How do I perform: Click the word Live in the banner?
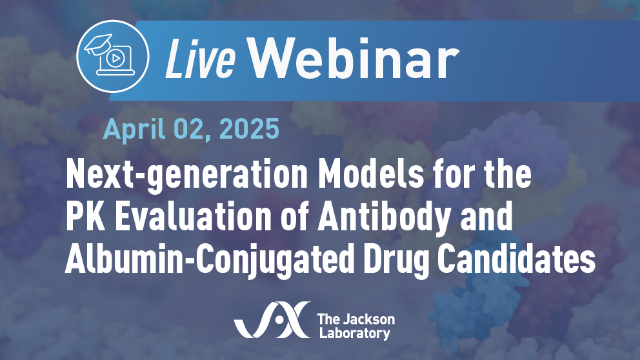(200, 58)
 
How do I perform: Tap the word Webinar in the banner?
(354, 58)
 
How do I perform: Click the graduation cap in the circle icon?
(98, 45)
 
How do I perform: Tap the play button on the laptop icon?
(115, 59)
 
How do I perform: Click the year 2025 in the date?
(249, 129)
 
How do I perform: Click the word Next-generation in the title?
(186, 174)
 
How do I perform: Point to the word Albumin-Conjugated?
(210, 261)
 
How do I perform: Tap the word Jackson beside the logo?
(367, 319)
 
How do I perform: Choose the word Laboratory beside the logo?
(355, 333)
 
